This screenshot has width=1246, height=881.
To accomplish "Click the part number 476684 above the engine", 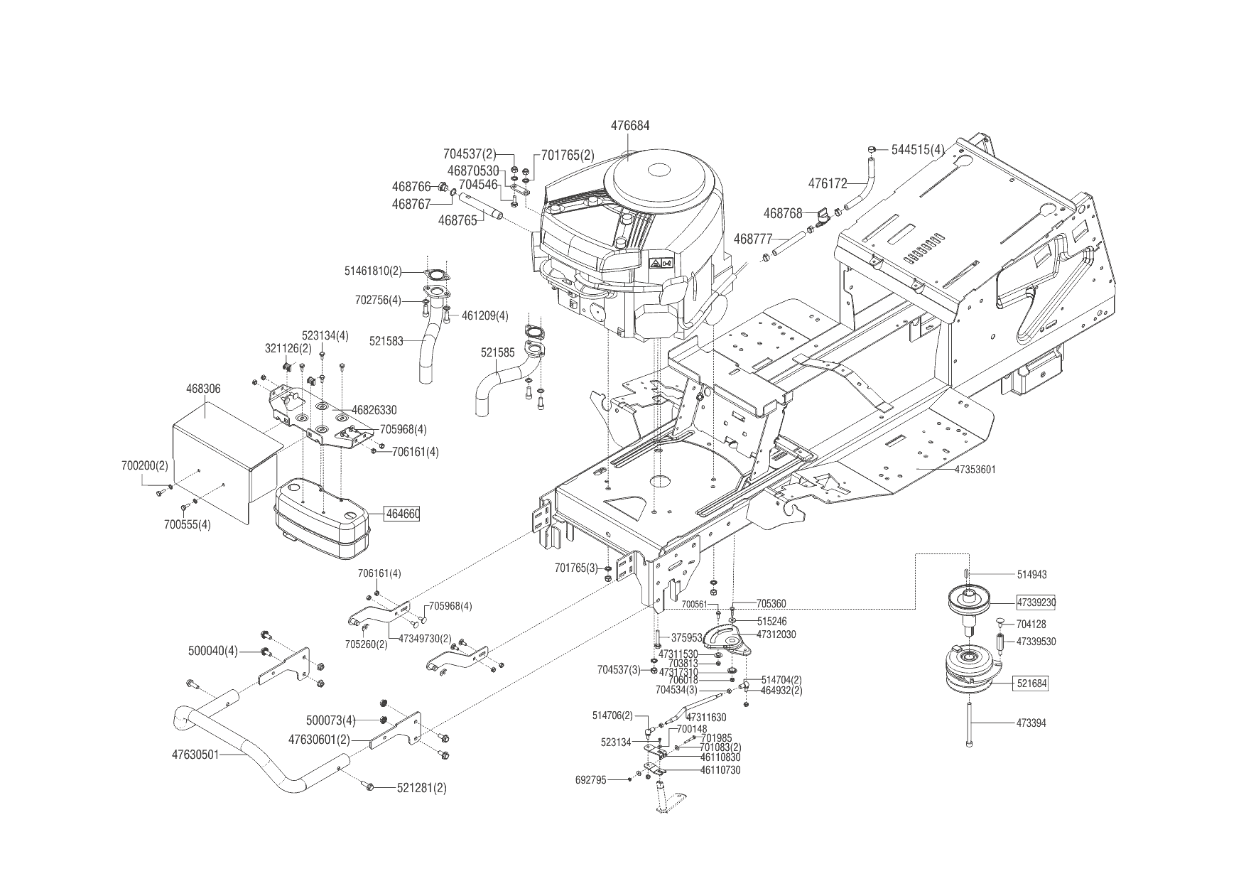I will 629,126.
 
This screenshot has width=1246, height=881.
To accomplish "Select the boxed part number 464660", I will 402,514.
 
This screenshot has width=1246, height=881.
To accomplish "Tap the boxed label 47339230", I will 1036,602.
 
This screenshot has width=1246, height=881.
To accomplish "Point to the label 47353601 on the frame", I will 975,470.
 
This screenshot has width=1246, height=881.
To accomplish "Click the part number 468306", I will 203,389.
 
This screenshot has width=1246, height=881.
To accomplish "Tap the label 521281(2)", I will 421,788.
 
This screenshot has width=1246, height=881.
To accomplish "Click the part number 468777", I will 752,239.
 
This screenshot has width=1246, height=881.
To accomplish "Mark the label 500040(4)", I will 213,651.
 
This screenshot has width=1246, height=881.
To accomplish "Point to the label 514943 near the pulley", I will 1031,574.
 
